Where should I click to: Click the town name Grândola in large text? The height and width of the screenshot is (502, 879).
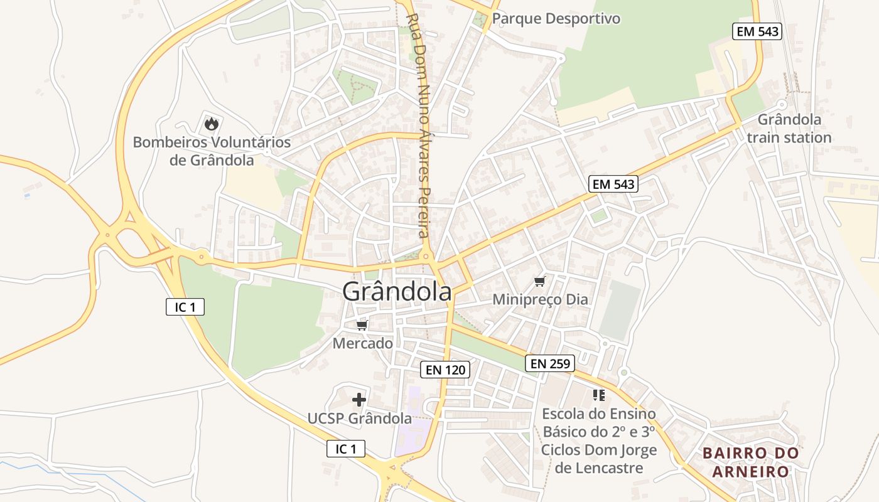point(397,292)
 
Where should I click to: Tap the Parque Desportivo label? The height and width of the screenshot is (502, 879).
point(556,19)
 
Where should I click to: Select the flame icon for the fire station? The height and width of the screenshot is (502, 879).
point(211,124)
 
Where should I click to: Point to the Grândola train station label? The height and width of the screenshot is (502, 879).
point(789,128)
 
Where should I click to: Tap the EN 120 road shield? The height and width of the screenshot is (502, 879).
point(446,370)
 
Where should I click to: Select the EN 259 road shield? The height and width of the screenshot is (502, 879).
point(550,363)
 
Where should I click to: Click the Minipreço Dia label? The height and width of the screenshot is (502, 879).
point(540,299)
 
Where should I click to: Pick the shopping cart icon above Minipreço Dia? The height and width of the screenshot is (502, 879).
point(540,281)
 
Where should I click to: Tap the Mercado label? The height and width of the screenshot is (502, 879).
point(362,343)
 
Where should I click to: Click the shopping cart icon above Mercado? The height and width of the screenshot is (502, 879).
point(362,325)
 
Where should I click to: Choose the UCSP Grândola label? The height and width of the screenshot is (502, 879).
point(359,418)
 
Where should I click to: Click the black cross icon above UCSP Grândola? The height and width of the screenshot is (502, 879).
point(359,400)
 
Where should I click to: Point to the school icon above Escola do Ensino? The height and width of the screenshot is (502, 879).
point(598,395)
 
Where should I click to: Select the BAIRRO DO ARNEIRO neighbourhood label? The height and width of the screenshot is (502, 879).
point(750,462)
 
